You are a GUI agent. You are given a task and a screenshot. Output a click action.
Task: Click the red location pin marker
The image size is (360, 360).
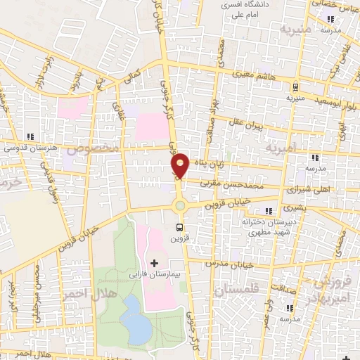(180, 166)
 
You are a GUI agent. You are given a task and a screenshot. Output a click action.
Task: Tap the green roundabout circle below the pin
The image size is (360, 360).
(180, 205)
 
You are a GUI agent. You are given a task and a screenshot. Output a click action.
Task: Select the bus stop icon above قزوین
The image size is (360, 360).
(180, 227)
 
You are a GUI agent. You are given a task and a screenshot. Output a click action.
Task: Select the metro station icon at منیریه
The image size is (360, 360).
(295, 86)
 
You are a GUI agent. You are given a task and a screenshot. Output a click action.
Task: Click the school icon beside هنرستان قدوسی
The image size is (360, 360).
(30, 136)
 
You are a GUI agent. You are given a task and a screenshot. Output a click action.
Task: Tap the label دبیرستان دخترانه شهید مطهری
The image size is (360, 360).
(269, 226)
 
